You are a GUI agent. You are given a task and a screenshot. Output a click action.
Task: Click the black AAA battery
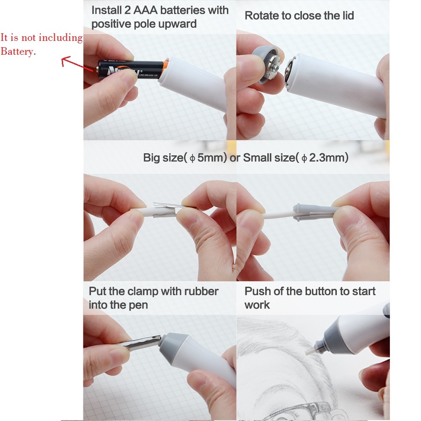click(x=126, y=67)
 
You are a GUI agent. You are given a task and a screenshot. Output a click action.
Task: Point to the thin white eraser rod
click(x=278, y=216)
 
